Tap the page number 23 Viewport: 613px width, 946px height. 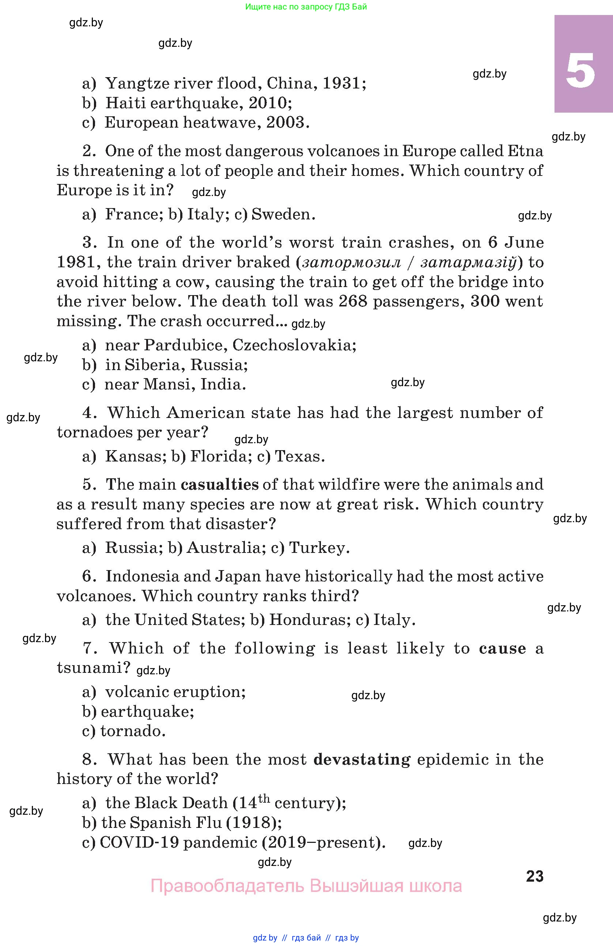pyautogui.click(x=534, y=876)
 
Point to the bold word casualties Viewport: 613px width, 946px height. pyautogui.click(x=220, y=485)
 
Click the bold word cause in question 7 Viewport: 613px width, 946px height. pyautogui.click(x=502, y=648)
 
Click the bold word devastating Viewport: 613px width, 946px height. pyautogui.click(x=362, y=760)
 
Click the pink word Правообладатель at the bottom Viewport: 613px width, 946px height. pyautogui.click(x=227, y=886)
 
